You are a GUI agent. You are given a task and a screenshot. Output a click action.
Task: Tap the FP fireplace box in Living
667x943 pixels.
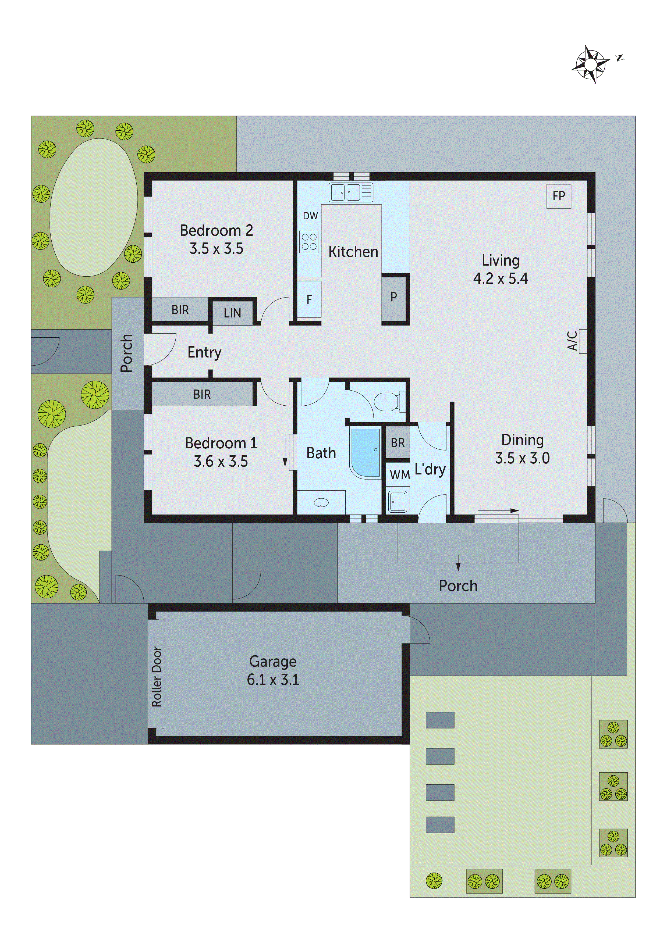[559, 196]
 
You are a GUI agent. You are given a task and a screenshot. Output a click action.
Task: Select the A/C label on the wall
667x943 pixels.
[573, 341]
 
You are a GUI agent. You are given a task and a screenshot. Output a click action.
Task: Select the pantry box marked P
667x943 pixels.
[394, 297]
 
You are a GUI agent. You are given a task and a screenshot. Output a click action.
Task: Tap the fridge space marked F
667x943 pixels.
[309, 299]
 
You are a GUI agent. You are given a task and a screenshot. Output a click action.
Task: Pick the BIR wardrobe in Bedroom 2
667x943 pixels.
[180, 310]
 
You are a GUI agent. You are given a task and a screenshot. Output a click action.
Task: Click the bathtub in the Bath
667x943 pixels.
[365, 452]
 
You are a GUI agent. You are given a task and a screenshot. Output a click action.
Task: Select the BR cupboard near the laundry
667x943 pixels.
[398, 443]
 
